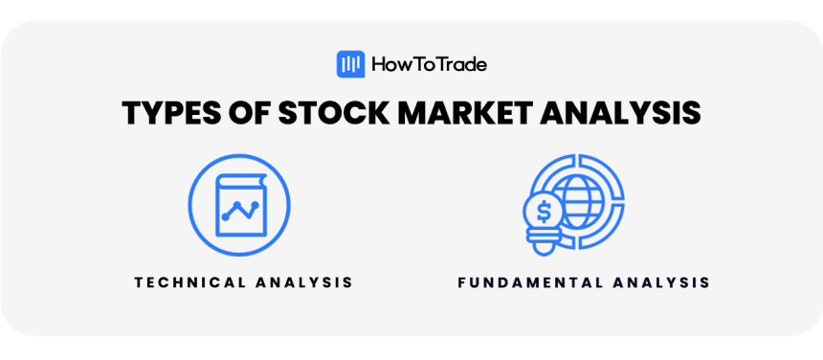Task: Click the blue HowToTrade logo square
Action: pos(351,64)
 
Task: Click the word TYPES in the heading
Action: pos(169,113)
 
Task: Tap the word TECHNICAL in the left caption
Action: pos(190,282)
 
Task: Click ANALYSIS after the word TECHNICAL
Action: pos(305,282)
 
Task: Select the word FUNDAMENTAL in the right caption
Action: pos(531,282)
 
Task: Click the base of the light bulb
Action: pos(544,244)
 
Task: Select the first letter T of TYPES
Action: pos(130,113)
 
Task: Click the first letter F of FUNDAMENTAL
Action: pos(461,282)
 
